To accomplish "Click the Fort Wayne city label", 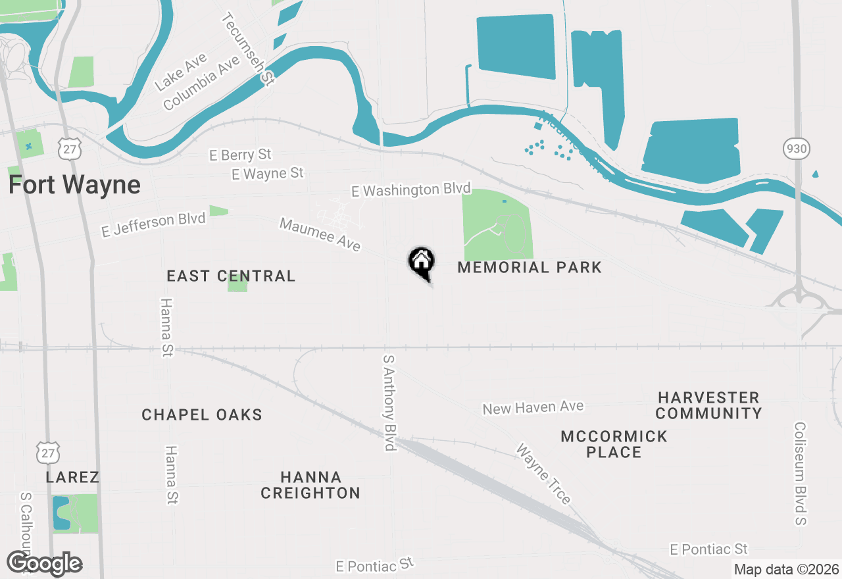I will pos(74,185).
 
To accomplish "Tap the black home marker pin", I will pos(421,262).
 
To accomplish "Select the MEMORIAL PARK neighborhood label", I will pos(530,267).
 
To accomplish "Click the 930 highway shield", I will pos(796,149).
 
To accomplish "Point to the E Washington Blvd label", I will pos(411,190).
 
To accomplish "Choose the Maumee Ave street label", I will pos(320,235).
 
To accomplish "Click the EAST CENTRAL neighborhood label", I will pos(231,276).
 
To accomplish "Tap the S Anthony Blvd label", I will pos(390,403).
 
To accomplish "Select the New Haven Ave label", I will pos(533,408).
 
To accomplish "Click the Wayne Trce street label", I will pos(543,474).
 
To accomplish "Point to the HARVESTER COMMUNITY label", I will pos(708,405).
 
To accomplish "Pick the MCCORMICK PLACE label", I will pos(614,444).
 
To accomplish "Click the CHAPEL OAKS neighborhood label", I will pos(202,415).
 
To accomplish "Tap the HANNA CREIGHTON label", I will pos(310,485).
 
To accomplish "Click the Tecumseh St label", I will pos(249,48).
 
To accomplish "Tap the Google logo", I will pos(44,563).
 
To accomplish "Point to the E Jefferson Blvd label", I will pos(153,225).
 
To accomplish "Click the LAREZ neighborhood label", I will pos(72,477).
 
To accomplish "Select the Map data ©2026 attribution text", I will pos(786,569).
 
